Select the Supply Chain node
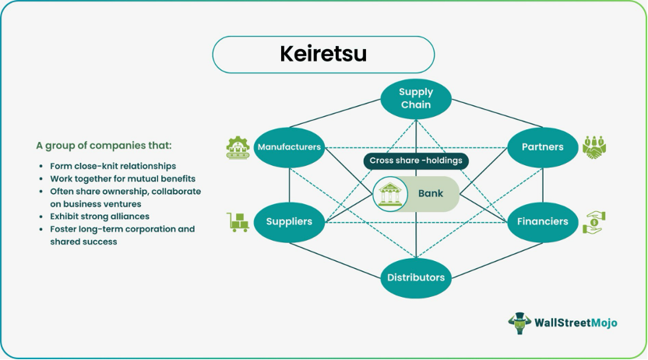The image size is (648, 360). (415, 98)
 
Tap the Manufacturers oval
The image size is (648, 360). (289, 146)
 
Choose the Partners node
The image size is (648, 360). (542, 146)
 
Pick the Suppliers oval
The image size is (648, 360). (289, 221)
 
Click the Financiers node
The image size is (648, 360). (542, 221)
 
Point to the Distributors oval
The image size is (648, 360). (415, 277)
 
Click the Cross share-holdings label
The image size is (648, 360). (415, 161)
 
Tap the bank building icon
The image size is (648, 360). (389, 194)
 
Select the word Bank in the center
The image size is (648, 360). (430, 194)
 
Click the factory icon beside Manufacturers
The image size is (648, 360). (236, 146)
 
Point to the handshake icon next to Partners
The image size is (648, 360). (595, 146)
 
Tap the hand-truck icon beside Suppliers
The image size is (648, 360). (237, 222)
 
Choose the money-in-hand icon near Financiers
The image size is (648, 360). (594, 222)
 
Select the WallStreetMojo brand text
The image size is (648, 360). (576, 323)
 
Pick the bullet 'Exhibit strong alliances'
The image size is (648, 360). (100, 216)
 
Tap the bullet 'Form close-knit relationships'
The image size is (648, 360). (113, 166)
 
